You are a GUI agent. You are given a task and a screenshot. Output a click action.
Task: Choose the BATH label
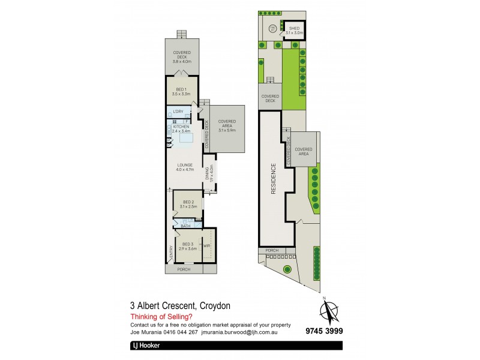186,226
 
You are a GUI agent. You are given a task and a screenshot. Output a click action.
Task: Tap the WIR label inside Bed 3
206,246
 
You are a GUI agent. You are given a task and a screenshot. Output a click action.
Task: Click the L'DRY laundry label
179,112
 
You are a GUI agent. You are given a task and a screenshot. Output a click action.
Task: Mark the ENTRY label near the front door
170,255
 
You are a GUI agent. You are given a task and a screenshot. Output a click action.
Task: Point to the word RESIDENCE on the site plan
273,180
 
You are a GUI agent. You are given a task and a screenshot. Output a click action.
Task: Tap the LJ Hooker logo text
146,346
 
